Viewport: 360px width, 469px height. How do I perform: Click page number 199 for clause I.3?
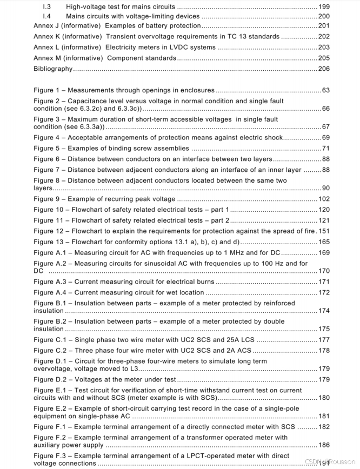[324, 8]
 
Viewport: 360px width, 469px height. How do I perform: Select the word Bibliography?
[53, 69]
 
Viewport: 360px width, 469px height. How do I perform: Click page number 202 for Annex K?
[324, 37]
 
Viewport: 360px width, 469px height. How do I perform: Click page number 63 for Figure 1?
[325, 90]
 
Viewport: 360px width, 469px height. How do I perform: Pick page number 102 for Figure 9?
[324, 199]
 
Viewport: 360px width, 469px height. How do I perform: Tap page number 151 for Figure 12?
[324, 231]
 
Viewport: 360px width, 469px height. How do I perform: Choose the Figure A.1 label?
[52, 253]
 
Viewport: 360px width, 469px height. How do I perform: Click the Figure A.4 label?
[52, 293]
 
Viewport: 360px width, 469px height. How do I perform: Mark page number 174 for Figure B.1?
[324, 311]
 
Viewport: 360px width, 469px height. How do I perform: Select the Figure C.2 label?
[52, 351]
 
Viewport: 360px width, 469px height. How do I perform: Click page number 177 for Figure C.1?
[324, 340]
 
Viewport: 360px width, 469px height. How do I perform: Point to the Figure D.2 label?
[52, 379]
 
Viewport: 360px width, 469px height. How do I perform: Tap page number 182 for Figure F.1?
[324, 427]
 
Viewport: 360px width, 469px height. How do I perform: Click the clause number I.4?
[46, 17]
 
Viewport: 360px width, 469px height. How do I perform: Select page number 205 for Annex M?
[324, 58]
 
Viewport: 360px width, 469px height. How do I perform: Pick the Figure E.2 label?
[52, 408]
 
